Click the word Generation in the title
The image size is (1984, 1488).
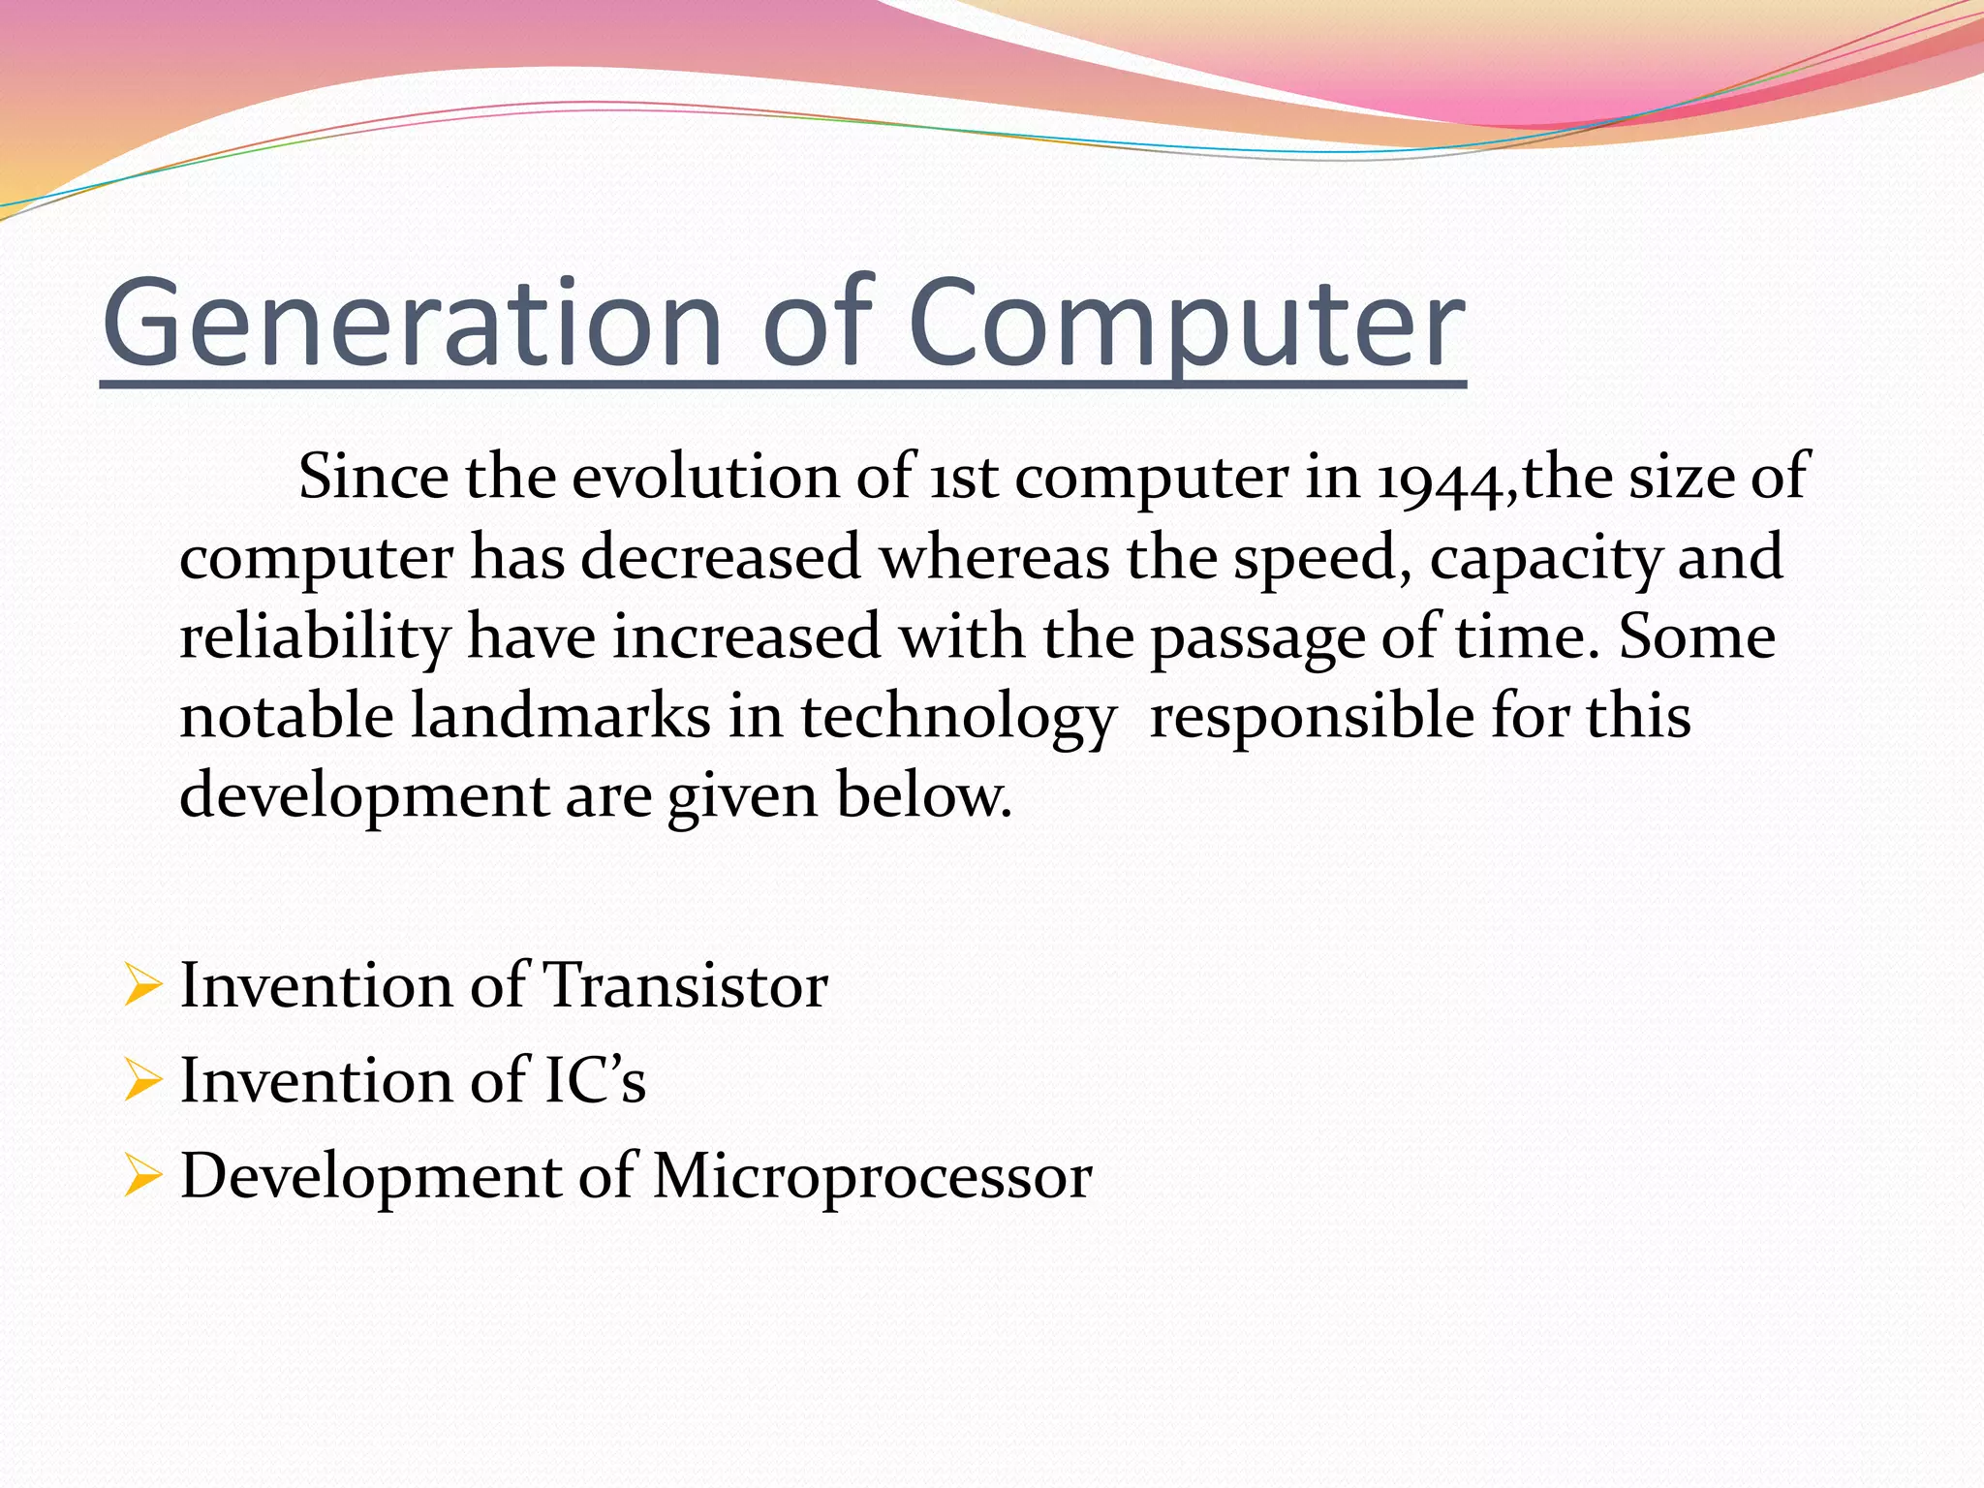click(x=412, y=325)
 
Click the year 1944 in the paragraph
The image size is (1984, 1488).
click(x=1442, y=479)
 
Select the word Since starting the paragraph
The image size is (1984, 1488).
click(x=373, y=477)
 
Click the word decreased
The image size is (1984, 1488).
click(x=720, y=558)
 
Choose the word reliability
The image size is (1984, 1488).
click(x=315, y=637)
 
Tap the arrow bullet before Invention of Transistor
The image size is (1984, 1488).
click(x=141, y=986)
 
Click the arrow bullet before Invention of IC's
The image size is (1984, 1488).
click(x=141, y=1081)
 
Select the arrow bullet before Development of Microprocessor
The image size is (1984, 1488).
click(x=141, y=1176)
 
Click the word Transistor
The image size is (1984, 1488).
click(x=685, y=986)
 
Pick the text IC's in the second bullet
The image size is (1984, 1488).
click(x=594, y=1081)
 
